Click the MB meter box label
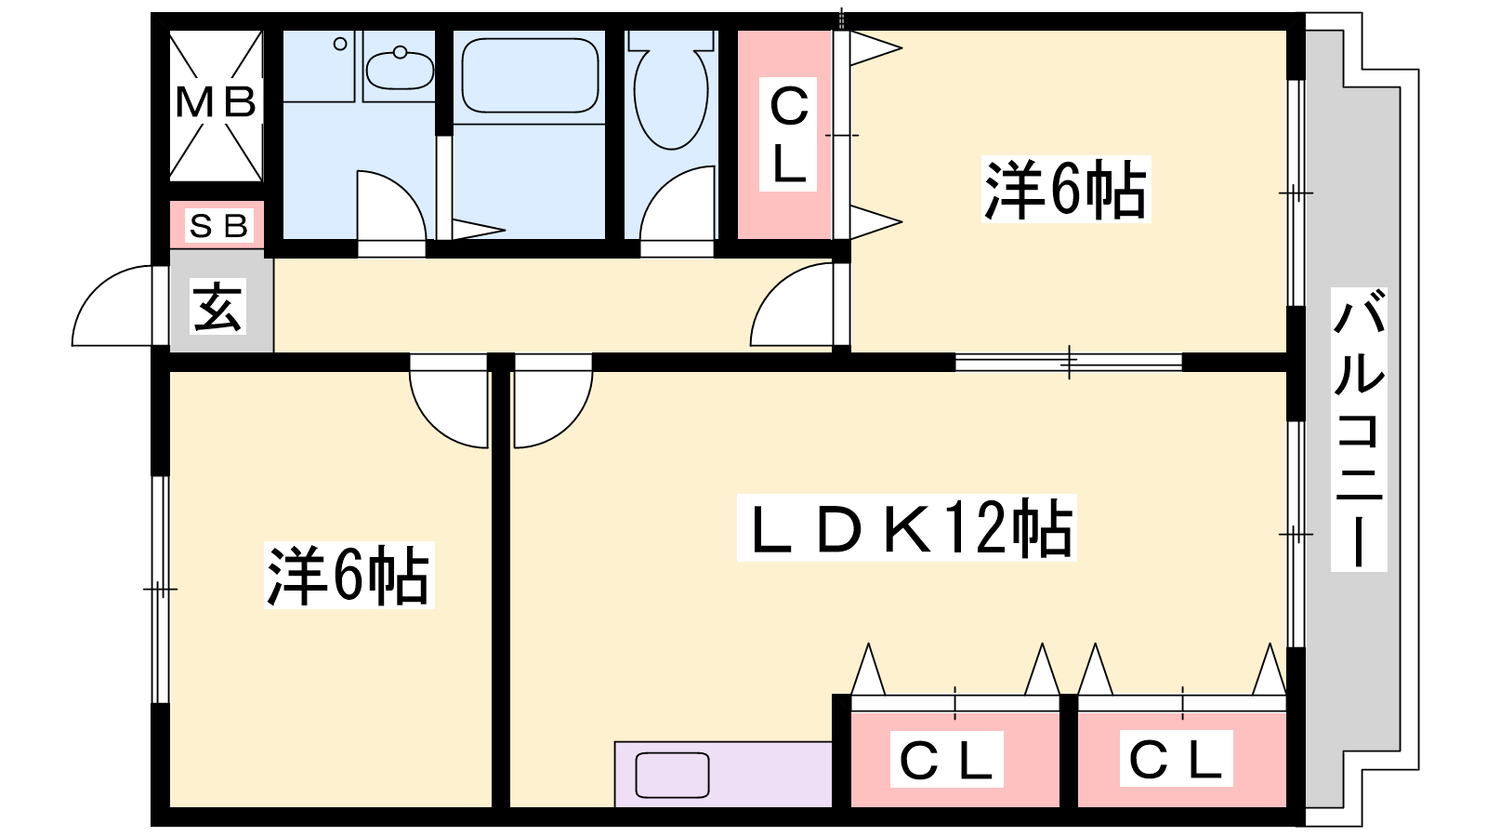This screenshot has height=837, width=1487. [x=216, y=103]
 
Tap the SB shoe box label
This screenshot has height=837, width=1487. [x=218, y=226]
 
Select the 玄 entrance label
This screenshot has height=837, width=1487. [x=217, y=306]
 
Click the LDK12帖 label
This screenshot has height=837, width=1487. [x=907, y=527]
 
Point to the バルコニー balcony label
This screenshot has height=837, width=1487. [x=1358, y=429]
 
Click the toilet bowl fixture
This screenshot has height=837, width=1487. [x=671, y=89]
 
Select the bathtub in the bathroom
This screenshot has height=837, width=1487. [x=529, y=75]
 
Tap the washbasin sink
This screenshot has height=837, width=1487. [x=399, y=69]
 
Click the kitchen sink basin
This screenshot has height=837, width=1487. [x=672, y=775]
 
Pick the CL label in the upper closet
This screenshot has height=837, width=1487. [x=788, y=135]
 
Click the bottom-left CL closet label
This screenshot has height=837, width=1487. [x=947, y=760]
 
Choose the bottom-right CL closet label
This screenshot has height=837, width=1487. [x=1176, y=759]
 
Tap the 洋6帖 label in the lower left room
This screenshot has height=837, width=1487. [x=349, y=576]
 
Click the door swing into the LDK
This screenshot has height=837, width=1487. [x=553, y=401]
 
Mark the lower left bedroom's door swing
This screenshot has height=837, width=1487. [x=449, y=401]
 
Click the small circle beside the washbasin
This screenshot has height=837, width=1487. [x=340, y=44]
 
